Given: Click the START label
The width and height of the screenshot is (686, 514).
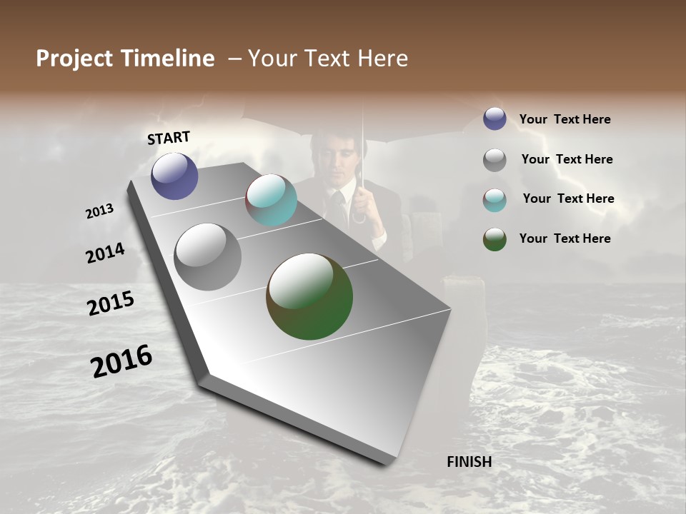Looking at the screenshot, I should (169, 138).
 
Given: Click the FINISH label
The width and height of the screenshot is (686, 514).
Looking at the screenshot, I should (469, 462).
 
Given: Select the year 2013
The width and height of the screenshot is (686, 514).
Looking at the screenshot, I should (99, 211).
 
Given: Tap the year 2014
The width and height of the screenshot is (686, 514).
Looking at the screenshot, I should (105, 253).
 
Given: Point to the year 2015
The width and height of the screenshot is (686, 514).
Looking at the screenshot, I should (111, 303).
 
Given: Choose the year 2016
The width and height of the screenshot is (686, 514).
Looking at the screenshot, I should (121, 361).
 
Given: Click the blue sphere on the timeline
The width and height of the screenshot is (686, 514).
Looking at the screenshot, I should (174, 176).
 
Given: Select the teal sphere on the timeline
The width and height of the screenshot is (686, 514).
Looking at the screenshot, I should (271, 200).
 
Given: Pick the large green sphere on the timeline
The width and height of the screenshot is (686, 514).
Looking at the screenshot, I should (309, 296).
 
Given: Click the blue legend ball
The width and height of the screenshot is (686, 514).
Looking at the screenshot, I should (494, 119).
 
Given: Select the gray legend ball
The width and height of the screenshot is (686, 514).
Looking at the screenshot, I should (494, 160).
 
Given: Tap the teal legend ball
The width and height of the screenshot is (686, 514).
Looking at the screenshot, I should (494, 200).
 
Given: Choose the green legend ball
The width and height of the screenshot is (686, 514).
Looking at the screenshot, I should (494, 239).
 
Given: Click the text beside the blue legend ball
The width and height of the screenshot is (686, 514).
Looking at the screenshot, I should (565, 120).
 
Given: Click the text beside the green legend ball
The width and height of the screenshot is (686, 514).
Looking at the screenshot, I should (565, 238).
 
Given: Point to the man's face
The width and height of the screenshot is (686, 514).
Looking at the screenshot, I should (338, 153).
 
